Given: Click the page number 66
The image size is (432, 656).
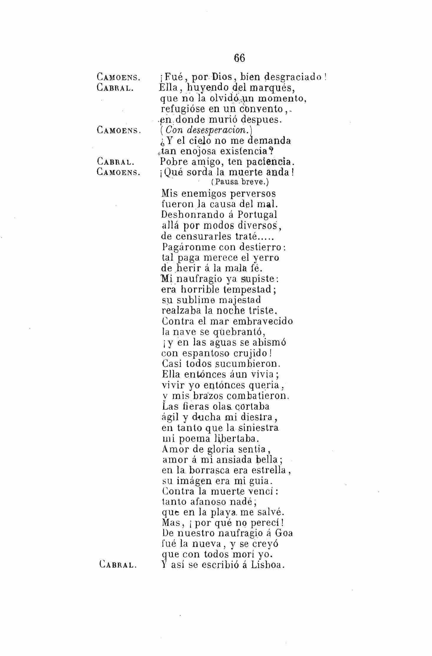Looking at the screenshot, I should [x=239, y=58].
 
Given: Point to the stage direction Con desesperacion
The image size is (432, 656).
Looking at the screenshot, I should [x=206, y=130].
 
